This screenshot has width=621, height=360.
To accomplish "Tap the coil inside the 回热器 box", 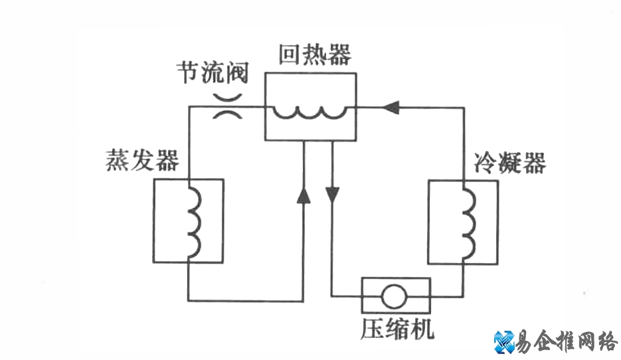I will coord(310,114).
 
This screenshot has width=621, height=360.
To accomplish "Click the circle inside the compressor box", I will coord(395,296).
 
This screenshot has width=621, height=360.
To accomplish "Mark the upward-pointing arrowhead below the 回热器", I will coord(303,195).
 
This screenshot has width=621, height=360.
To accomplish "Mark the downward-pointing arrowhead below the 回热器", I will coord(332,195).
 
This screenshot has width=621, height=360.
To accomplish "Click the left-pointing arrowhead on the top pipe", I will coord(392,106).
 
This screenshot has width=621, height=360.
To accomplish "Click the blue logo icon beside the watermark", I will coord(504,341).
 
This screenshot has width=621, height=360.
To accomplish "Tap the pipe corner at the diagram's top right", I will coord(463,106).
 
